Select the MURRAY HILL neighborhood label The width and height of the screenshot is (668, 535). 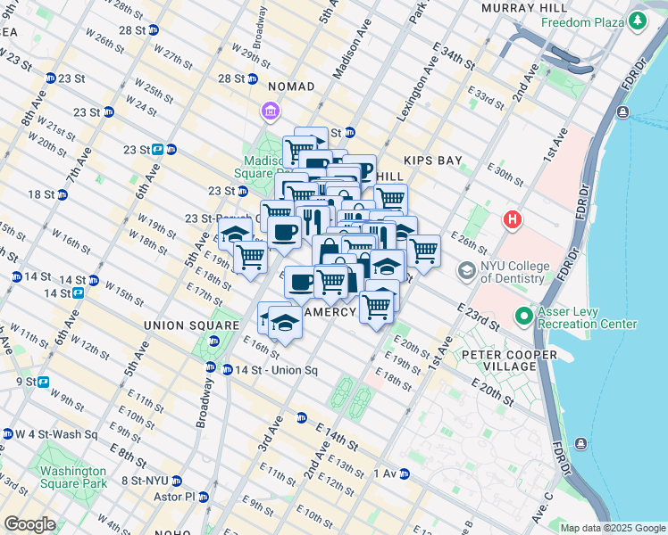(518, 7)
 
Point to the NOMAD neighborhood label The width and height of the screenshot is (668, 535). (292, 86)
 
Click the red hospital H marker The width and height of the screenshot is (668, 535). (513, 218)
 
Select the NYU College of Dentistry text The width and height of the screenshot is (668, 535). (513, 270)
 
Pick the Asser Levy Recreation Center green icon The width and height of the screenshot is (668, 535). (524, 316)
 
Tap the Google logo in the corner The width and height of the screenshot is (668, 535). (29, 524)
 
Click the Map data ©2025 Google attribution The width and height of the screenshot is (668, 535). (612, 528)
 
